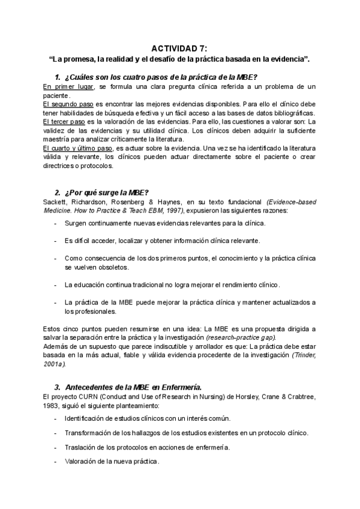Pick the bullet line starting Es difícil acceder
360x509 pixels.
pyautogui.click(x=162, y=241)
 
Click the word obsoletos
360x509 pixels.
pyautogui.click(x=115, y=267)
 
